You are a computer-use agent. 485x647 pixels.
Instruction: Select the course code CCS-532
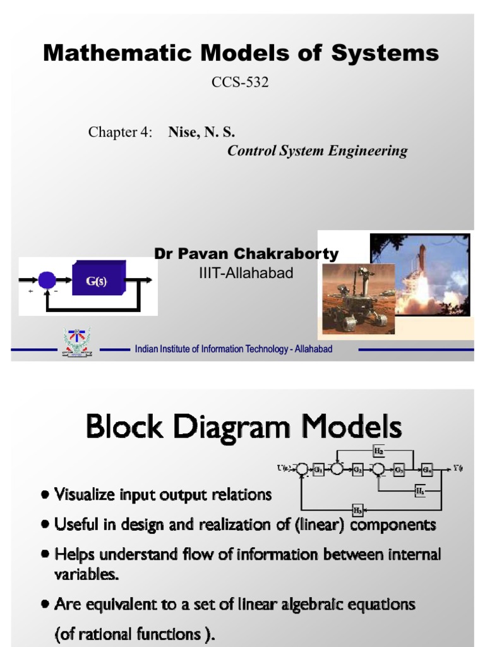point(239,82)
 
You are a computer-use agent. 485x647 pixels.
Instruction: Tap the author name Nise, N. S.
point(201,132)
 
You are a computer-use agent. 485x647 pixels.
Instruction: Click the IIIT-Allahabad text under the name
point(246,273)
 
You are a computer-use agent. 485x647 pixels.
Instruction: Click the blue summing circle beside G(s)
point(47,280)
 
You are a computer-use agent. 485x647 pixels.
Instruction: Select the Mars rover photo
point(357,298)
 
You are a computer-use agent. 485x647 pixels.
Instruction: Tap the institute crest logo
point(77,342)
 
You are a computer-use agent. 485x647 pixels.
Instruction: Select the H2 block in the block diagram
point(378,451)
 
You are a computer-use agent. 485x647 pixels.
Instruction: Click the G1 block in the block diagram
point(318,469)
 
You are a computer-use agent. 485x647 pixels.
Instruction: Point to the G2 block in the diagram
point(357,469)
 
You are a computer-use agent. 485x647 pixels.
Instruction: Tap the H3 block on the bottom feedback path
point(357,509)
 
